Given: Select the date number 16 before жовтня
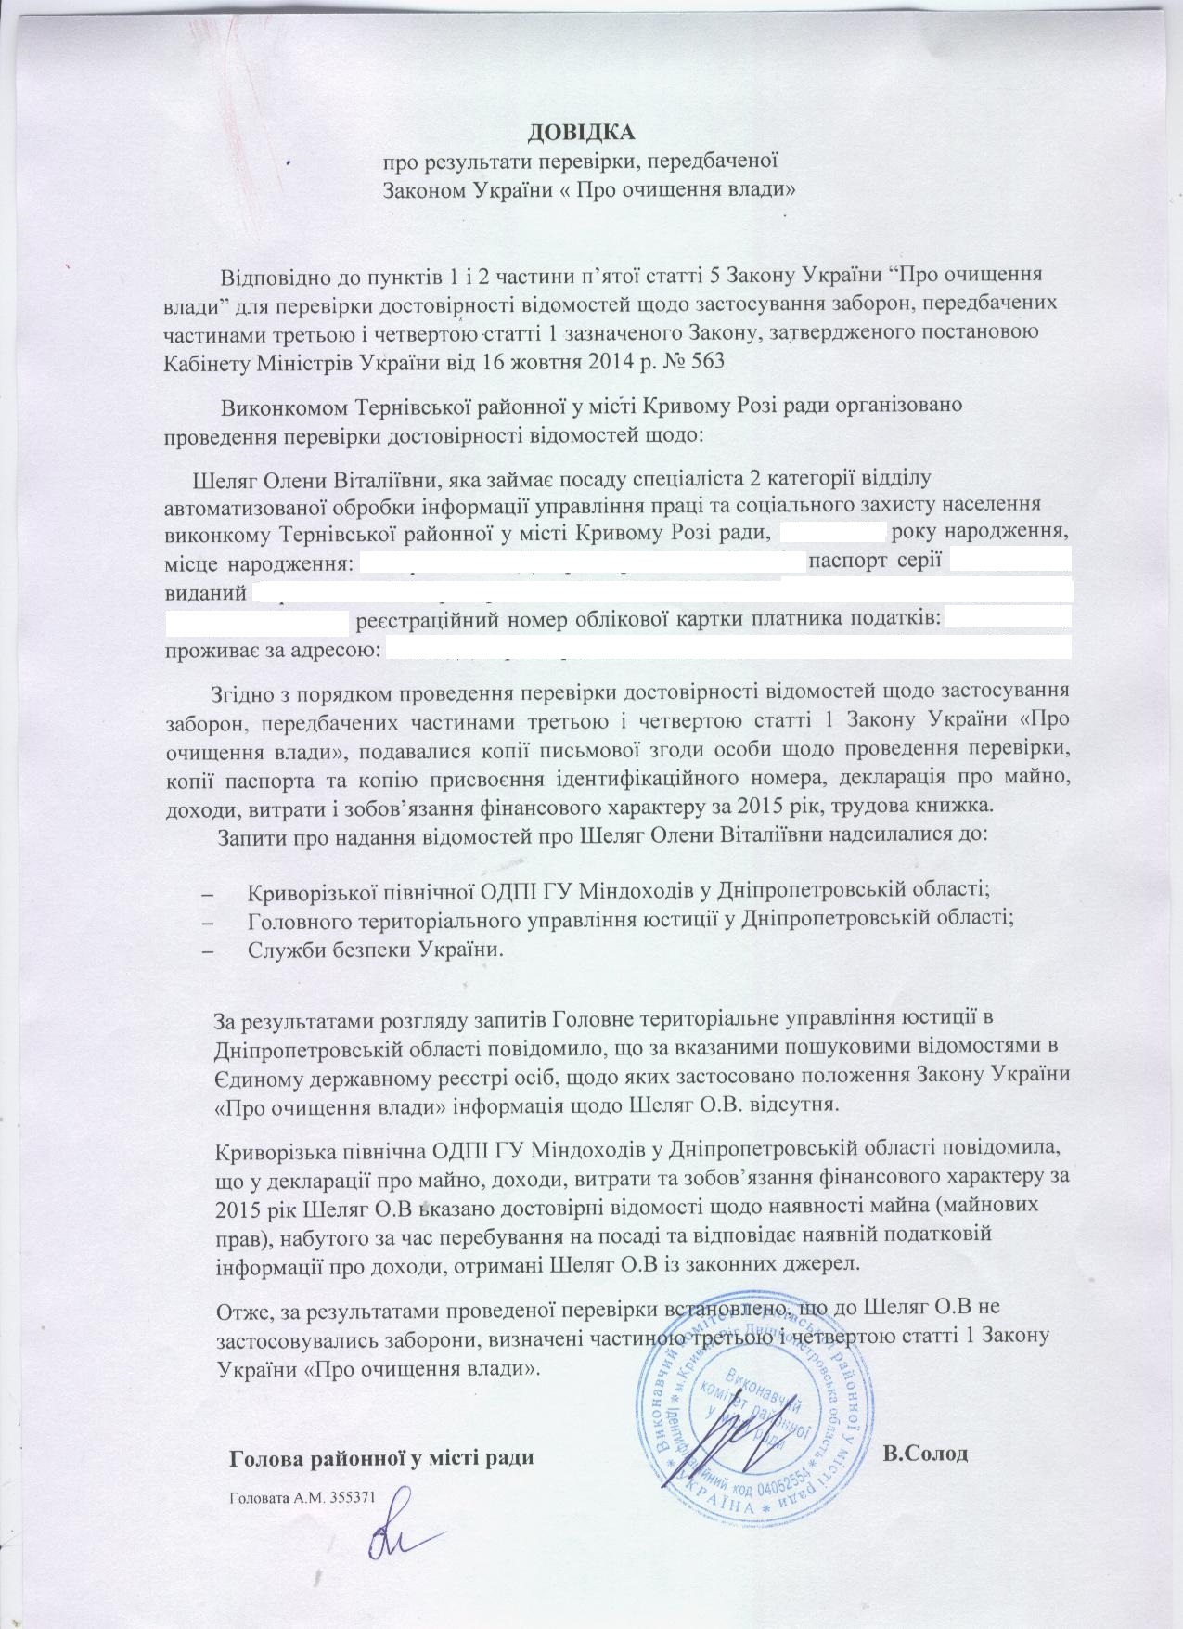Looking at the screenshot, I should (x=474, y=362).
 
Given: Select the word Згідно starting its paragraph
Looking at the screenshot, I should (x=242, y=692).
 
